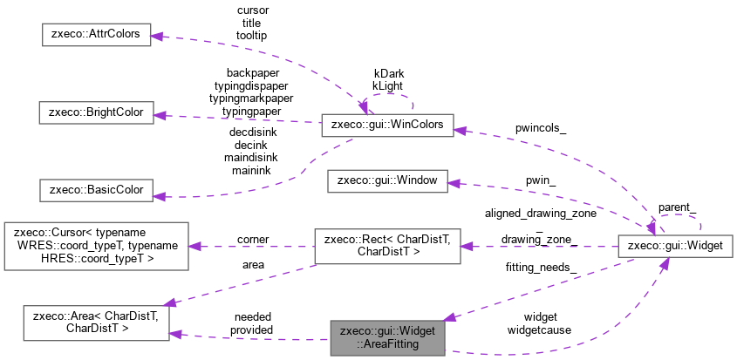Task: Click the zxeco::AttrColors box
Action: [96, 37]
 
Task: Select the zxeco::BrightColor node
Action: [96, 113]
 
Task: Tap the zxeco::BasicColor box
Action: [96, 189]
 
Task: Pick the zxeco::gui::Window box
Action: [386, 181]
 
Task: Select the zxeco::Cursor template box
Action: [96, 246]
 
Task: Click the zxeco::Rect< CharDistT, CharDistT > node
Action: [386, 246]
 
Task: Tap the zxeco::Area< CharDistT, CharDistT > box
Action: [96, 323]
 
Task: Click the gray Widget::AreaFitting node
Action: [386, 337]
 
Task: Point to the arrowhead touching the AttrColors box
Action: [158, 37]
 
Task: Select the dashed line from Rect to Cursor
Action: [253, 246]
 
